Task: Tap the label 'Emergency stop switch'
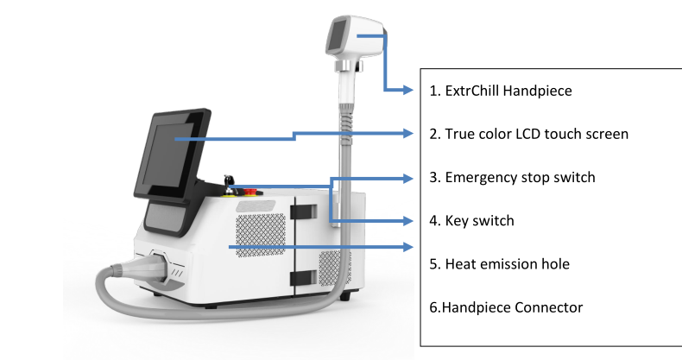521,178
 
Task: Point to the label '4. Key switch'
471,221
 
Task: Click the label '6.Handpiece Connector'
500,306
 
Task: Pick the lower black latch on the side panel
305,276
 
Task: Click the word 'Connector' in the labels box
546,306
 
